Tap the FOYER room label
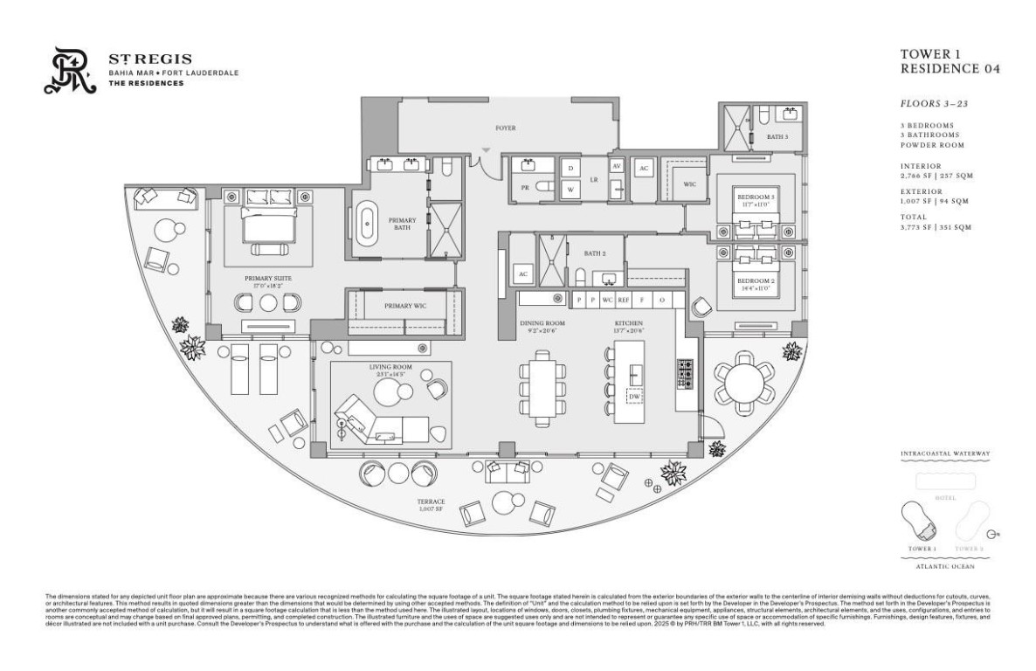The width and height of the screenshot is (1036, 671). coord(504,128)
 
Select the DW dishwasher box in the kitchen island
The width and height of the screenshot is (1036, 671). coord(634,398)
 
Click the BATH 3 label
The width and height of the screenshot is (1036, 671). coord(777,137)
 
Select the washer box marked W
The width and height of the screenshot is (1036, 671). coord(570,189)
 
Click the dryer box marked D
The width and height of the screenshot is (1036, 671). coord(570,167)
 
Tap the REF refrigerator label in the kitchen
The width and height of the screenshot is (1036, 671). coord(623,300)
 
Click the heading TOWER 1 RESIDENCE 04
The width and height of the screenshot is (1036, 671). coord(949,61)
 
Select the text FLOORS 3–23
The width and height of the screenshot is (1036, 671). coord(931,103)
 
